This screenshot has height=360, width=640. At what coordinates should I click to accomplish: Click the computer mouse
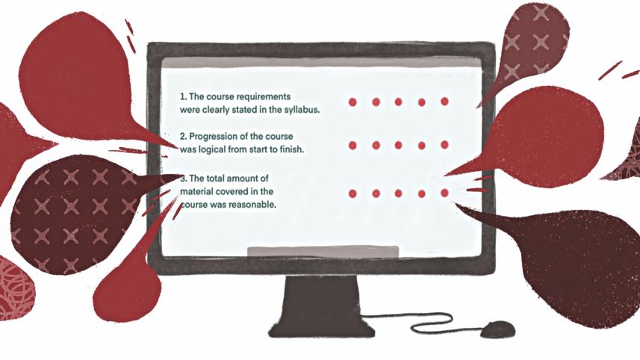(497, 329)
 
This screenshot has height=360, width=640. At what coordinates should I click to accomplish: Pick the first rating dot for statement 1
(352, 102)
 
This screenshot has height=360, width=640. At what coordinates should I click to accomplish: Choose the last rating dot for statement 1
(445, 102)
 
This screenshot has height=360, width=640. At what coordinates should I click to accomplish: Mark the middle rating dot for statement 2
(398, 145)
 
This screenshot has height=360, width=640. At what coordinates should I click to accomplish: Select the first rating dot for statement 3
(352, 193)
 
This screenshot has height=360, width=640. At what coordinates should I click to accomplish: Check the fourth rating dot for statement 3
(422, 193)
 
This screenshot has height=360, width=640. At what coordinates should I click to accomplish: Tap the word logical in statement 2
(212, 150)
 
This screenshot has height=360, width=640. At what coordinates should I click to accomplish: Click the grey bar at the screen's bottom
(323, 252)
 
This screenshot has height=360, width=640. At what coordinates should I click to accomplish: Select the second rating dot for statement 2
(376, 145)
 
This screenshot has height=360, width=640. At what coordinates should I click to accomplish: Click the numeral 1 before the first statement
(182, 97)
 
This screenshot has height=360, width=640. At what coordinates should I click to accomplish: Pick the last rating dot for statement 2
(445, 145)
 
